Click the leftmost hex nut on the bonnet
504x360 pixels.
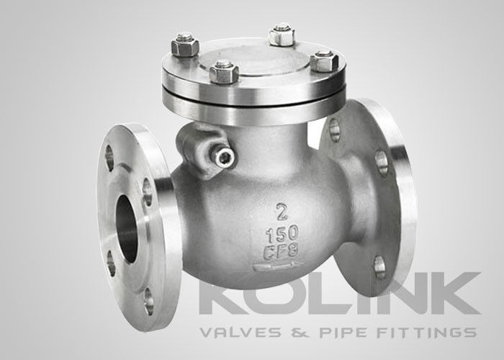coord(185,46)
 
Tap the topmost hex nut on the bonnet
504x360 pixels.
coord(282,35)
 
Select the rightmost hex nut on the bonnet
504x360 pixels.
coord(324,61)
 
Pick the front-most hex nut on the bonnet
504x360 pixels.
coord(224,72)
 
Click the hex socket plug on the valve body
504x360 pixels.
coord(224,158)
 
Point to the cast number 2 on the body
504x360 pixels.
coord(282,212)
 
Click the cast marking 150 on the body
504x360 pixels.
coord(282,234)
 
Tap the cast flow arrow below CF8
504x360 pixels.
coord(279,266)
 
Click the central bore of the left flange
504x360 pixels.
coord(127,228)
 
